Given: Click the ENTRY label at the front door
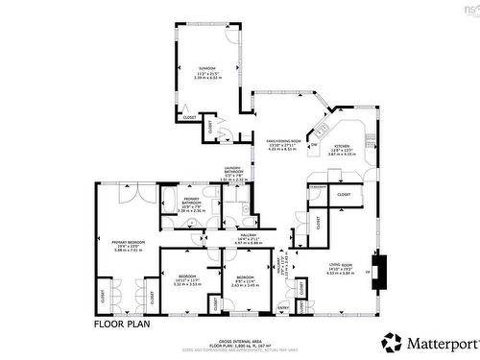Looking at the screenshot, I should [283, 307].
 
